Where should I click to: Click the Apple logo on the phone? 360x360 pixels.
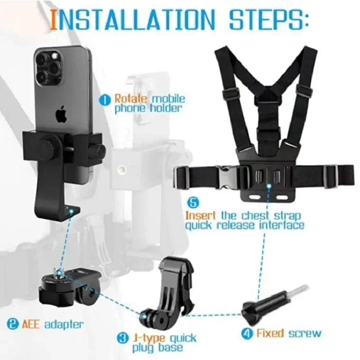click(x=60, y=115)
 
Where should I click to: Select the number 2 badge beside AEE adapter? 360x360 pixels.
click(x=12, y=324)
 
